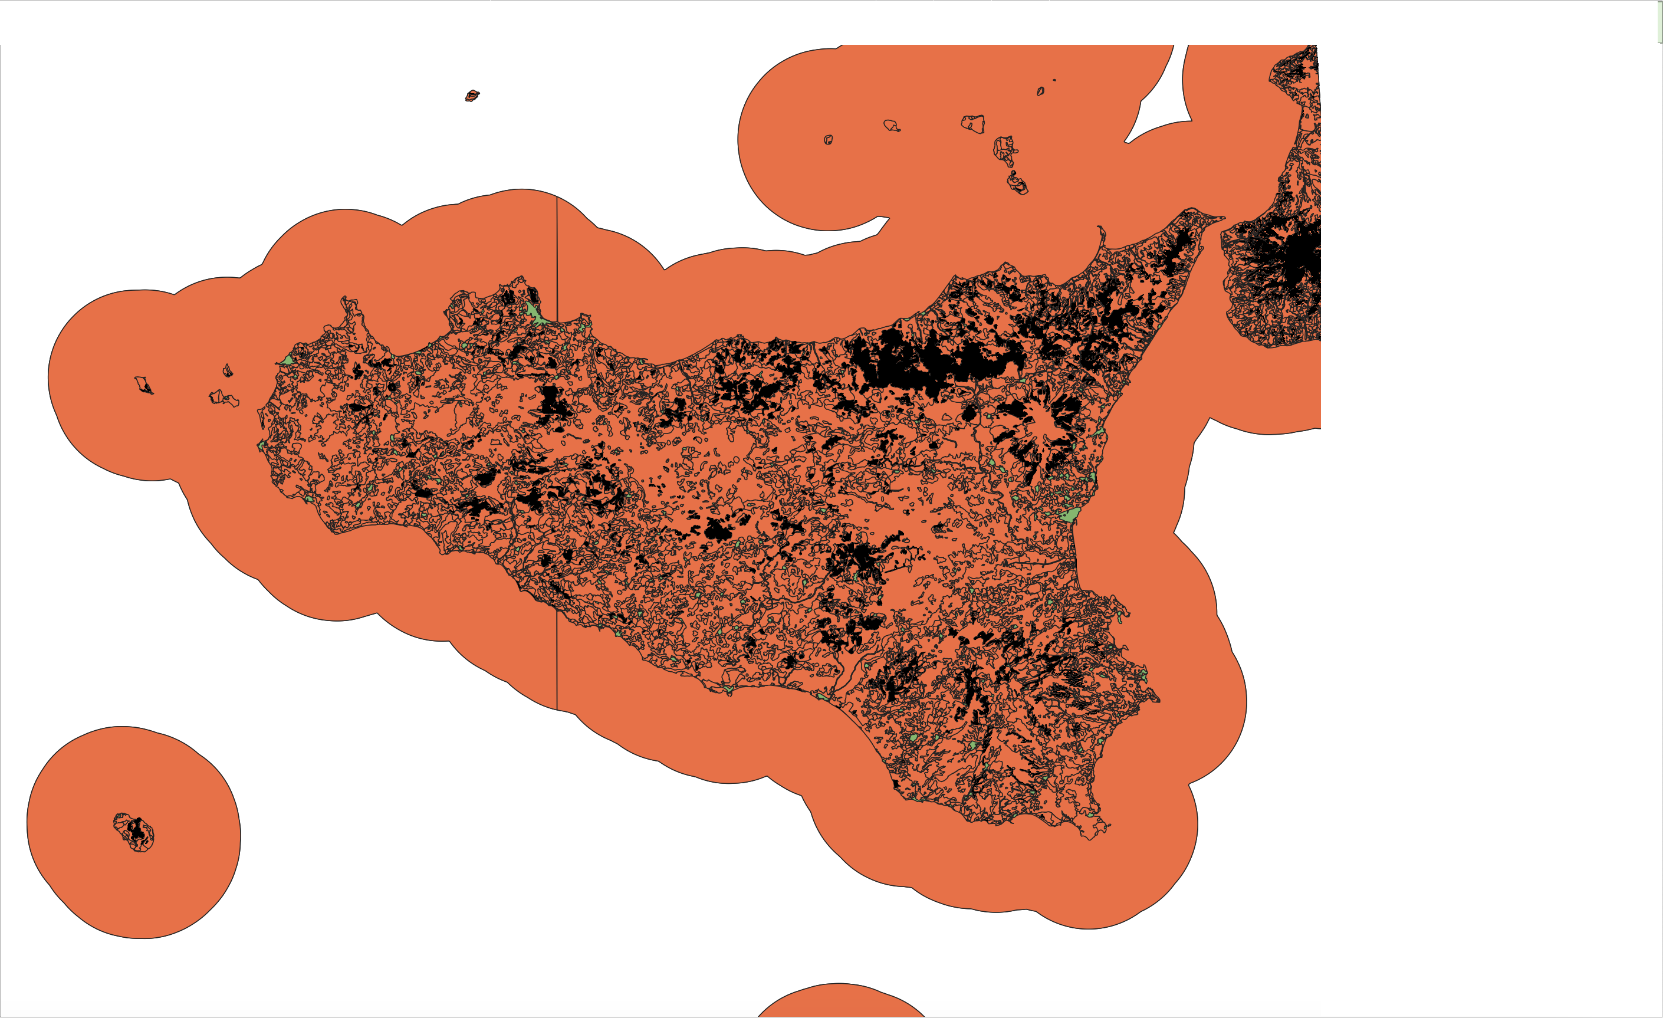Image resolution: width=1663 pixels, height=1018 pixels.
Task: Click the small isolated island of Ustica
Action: click(x=472, y=96)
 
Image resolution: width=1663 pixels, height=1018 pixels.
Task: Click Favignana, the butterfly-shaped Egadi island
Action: click(x=224, y=398)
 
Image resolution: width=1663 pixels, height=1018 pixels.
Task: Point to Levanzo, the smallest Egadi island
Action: click(x=228, y=370)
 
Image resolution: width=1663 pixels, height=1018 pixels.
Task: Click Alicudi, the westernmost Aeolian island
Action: click(x=828, y=140)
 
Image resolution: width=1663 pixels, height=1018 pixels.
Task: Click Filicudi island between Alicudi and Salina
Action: click(x=891, y=126)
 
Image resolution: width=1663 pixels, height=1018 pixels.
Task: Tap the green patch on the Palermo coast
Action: click(x=534, y=313)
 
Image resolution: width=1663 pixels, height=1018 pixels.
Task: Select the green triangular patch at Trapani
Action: click(x=286, y=360)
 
